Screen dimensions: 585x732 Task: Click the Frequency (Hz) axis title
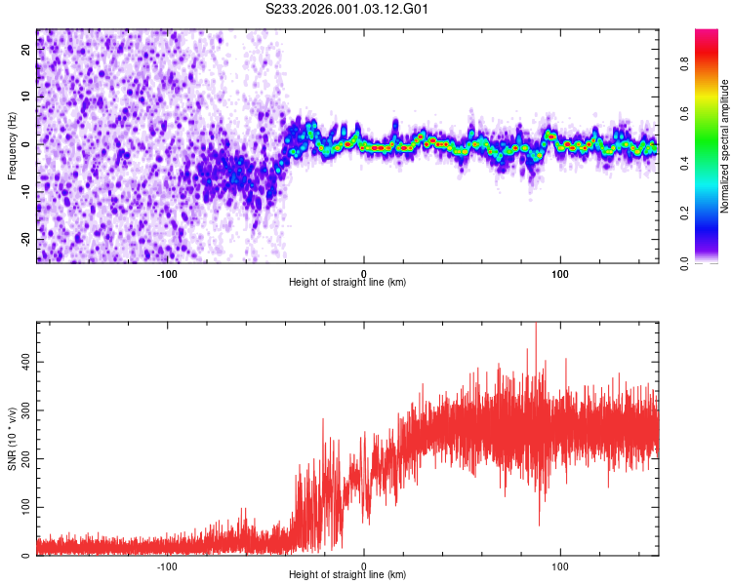pos(12,145)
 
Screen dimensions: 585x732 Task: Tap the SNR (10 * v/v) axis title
pos(12,439)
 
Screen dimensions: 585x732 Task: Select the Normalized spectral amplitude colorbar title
pos(725,146)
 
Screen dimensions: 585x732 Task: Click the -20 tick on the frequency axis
pos(24,239)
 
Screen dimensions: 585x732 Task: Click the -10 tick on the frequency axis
pos(24,192)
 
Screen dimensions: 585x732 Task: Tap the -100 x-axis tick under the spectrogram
pos(167,273)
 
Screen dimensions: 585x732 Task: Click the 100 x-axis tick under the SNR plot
pos(560,565)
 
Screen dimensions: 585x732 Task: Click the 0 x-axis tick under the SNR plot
pos(364,565)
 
